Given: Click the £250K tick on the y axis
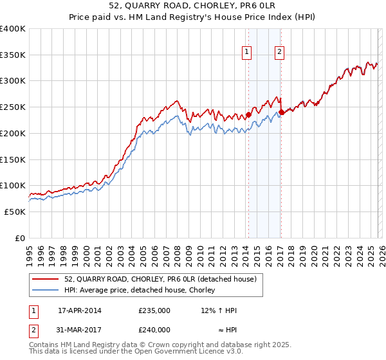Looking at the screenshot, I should [12, 107].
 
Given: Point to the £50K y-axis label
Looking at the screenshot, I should [14, 212].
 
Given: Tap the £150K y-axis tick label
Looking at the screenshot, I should [12, 159].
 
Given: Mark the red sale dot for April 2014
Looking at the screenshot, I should [248, 116].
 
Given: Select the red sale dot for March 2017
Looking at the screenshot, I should [282, 113].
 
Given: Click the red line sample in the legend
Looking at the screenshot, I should [46, 279].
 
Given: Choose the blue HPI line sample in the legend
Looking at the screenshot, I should [46, 290].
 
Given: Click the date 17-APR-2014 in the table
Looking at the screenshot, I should [80, 310].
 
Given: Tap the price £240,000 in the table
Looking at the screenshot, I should [154, 329].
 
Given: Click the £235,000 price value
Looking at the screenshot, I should [154, 310].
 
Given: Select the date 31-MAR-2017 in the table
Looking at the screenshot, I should [80, 329].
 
